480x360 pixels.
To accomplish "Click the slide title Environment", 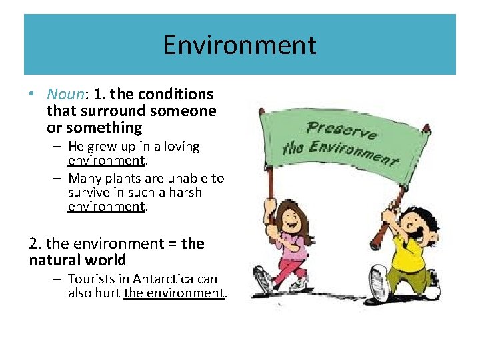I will pos(240,45).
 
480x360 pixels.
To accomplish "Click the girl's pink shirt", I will pos(294,243).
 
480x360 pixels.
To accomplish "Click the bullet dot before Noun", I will pos(33,95).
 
